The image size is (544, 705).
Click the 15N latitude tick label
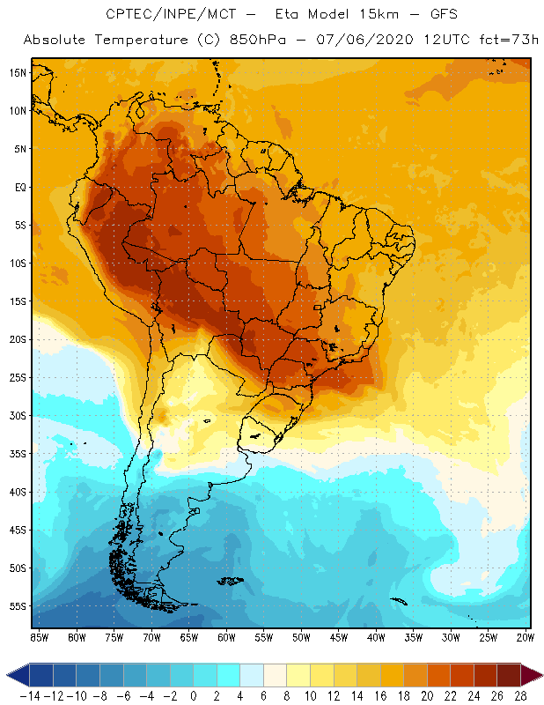coord(17,72)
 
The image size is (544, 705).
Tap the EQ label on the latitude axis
coord(18,187)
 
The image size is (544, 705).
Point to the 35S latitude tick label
coord(17,454)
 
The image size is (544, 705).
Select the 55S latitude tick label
coord(17,606)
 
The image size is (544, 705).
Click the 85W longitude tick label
coord(39,637)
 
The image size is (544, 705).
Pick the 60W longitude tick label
coord(226,637)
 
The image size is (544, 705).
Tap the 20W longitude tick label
coord(526,637)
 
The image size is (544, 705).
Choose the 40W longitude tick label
coord(376,637)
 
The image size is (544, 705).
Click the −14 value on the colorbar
coord(28,696)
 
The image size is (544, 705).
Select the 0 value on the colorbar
coord(194,696)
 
